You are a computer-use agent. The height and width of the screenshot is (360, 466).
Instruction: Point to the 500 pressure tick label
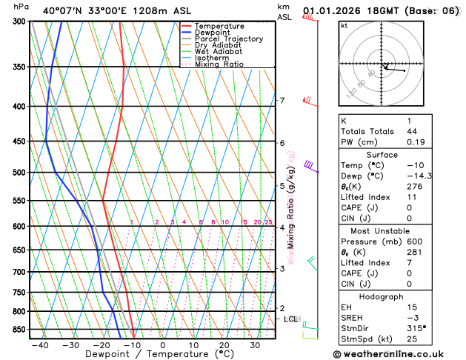pyautogui.click(x=20, y=173)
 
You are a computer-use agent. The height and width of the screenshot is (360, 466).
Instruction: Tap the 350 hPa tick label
pyautogui.click(x=20, y=67)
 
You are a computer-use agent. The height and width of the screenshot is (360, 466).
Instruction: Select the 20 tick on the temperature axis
pyautogui.click(x=224, y=345)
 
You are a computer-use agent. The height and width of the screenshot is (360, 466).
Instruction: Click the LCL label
pyautogui.click(x=290, y=319)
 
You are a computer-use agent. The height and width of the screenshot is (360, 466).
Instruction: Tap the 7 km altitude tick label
pyautogui.click(x=282, y=101)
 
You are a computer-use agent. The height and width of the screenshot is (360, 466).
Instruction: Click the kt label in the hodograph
pyautogui.click(x=344, y=25)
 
